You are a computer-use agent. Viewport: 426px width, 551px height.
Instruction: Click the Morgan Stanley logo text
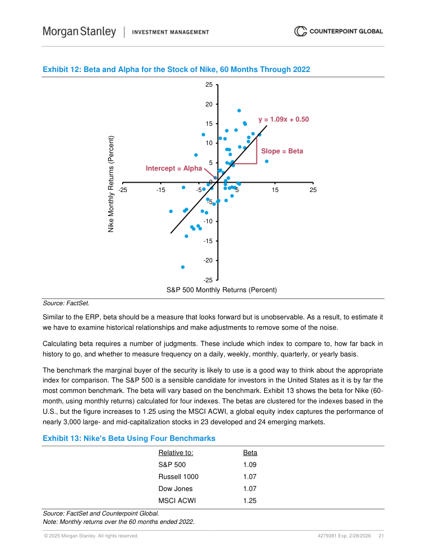tap(79, 32)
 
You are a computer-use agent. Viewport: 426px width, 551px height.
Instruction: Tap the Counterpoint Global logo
tap(338, 31)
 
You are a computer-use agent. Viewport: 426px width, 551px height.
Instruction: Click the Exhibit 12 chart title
tap(176, 69)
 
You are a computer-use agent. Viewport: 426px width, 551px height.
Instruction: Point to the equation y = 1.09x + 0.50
tap(283, 119)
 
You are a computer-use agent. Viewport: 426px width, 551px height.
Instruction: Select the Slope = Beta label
tap(282, 151)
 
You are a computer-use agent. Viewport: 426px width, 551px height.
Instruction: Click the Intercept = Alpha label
tap(173, 169)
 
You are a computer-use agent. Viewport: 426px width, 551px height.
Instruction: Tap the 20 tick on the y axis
tap(208, 104)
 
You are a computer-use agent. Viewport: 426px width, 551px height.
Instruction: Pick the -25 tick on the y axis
tap(207, 280)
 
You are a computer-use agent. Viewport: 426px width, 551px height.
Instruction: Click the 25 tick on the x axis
tap(313, 190)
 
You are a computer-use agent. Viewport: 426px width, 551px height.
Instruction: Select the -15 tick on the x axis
tap(160, 190)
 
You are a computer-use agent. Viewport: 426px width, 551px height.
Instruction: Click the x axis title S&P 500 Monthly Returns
tap(221, 290)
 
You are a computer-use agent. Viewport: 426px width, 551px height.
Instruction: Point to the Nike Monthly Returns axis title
tap(111, 184)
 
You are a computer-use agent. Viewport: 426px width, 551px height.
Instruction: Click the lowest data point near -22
tap(183, 267)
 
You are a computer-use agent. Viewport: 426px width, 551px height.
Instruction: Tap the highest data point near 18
tap(239, 111)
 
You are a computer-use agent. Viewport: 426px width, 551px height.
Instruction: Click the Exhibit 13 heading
tap(129, 439)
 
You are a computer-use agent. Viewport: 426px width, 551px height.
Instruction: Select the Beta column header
tap(250, 452)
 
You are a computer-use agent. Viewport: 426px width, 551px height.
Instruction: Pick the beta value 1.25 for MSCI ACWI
tap(250, 501)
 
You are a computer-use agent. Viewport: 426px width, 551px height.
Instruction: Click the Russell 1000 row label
tap(178, 476)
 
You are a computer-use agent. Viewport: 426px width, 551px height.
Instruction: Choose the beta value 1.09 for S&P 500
tap(250, 464)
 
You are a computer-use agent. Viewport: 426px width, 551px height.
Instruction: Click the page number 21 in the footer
tap(381, 536)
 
